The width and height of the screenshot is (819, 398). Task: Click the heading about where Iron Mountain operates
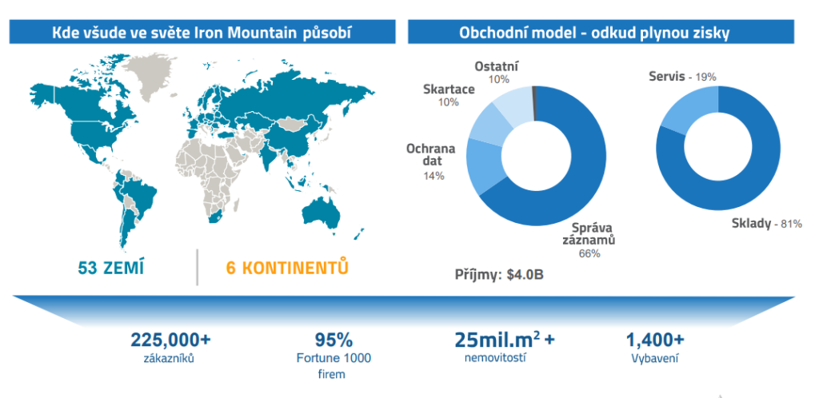pyautogui.click(x=202, y=33)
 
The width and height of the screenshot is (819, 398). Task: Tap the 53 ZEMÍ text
pyautogui.click(x=110, y=268)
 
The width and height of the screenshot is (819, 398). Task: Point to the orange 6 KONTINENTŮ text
pyautogui.click(x=287, y=268)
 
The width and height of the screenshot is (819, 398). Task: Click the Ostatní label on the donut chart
pyautogui.click(x=497, y=67)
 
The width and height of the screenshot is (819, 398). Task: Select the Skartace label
pyautogui.click(x=449, y=90)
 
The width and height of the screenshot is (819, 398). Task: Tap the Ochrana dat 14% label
pyautogui.click(x=431, y=161)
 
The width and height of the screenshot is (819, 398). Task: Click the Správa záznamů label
pyautogui.click(x=589, y=234)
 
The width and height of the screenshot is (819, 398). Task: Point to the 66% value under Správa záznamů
pyautogui.click(x=589, y=254)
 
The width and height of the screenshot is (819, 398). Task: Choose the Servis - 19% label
pyautogui.click(x=682, y=77)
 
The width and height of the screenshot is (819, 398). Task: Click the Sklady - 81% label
pyautogui.click(x=765, y=225)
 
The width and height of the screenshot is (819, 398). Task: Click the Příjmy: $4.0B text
pyautogui.click(x=499, y=274)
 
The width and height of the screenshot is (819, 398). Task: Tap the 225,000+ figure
pyautogui.click(x=170, y=340)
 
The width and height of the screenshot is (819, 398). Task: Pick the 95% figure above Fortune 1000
pyautogui.click(x=334, y=340)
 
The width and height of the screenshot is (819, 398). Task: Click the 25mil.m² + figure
pyautogui.click(x=505, y=339)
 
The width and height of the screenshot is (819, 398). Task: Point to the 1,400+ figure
pyautogui.click(x=655, y=340)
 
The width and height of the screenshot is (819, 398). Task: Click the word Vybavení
pyautogui.click(x=655, y=358)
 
